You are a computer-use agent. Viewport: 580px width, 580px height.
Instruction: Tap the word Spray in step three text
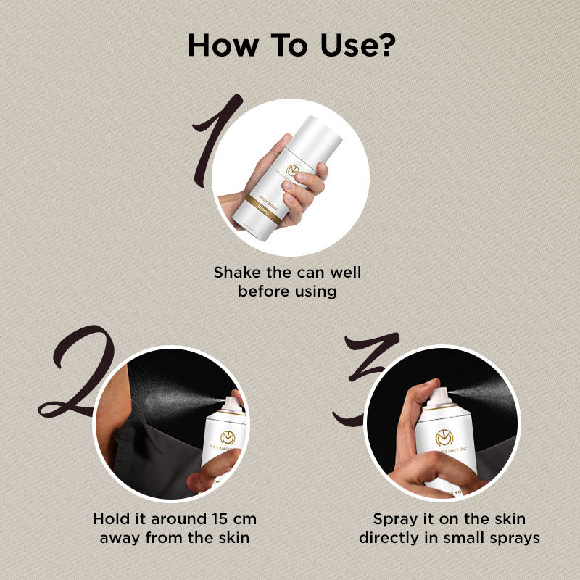point(395,520)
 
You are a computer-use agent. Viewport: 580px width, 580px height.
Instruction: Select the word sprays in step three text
point(516,538)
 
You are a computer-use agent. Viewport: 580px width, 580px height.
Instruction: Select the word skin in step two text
point(233,538)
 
